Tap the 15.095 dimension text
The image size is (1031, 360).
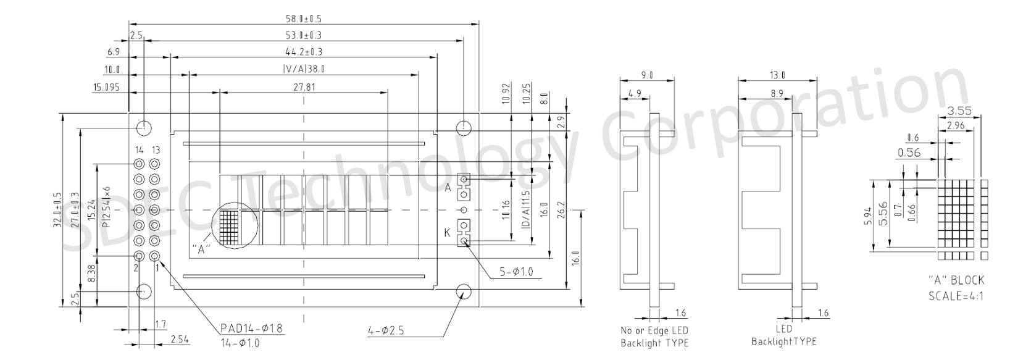click(x=106, y=88)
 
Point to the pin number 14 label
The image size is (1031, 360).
click(x=139, y=150)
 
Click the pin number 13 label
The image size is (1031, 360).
click(x=156, y=150)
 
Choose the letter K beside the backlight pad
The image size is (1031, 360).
click(x=448, y=233)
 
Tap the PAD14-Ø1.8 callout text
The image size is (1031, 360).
click(x=251, y=328)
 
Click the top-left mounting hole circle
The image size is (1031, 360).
click(x=144, y=127)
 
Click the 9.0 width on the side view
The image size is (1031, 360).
click(x=646, y=75)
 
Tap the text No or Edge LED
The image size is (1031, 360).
click(x=654, y=330)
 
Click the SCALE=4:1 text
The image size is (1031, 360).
click(x=956, y=296)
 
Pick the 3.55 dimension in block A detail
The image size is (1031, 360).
click(x=959, y=111)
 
